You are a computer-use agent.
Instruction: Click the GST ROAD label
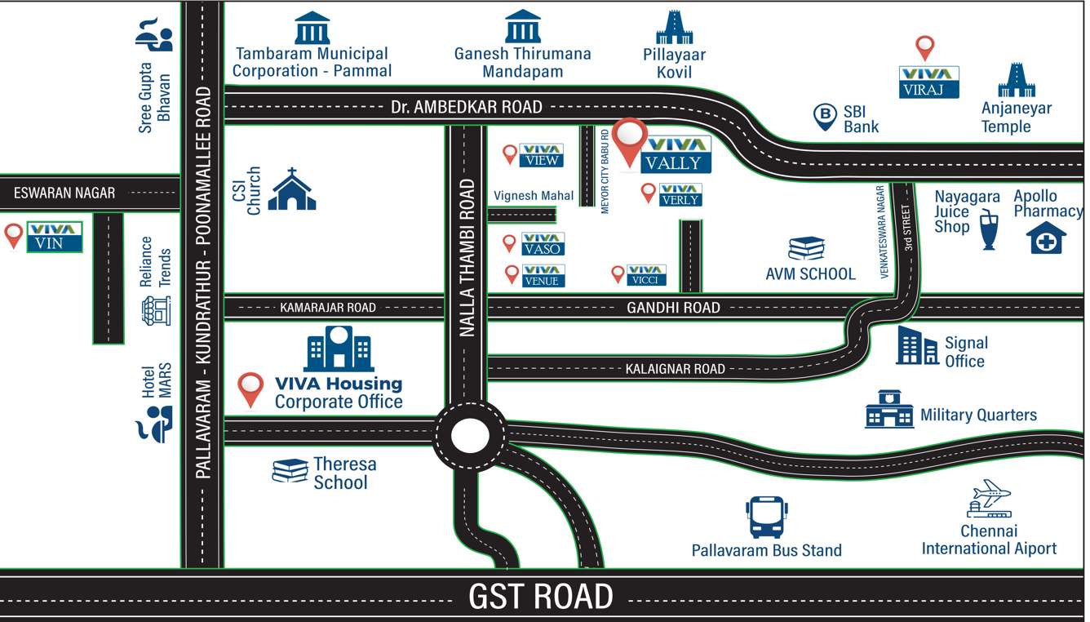point(540,597)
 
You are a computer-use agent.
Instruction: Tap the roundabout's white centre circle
point(468,435)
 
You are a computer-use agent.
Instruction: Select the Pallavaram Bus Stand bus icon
point(766,518)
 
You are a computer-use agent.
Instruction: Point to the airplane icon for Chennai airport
point(990,497)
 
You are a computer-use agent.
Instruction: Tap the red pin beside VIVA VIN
point(13,235)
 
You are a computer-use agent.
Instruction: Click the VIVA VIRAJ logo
point(928,82)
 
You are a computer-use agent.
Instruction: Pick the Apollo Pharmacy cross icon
point(1045,238)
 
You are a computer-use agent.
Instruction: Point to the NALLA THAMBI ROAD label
point(467,258)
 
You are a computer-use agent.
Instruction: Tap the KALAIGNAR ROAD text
point(675,369)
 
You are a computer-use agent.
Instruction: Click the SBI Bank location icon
point(826,117)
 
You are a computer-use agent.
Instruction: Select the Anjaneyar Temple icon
point(1017,80)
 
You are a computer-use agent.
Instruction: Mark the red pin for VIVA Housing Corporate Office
point(250,389)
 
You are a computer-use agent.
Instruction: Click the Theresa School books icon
point(290,471)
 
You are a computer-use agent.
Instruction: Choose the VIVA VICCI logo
point(647,275)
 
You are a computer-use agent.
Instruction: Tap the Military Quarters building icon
point(889,409)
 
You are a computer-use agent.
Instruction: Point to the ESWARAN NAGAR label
point(64,193)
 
